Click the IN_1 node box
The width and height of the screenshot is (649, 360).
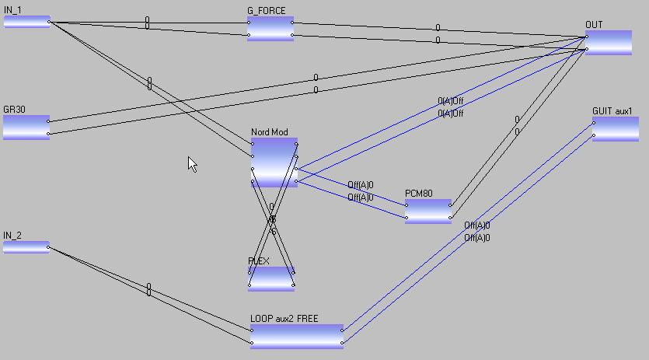pyautogui.click(x=26, y=22)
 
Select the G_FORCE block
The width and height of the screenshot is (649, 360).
pyautogui.click(x=270, y=29)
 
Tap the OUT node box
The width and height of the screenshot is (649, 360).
pyautogui.click(x=609, y=43)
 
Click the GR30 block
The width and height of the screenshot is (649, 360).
pyautogui.click(x=26, y=128)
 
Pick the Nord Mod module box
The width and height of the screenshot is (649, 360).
pyautogui.click(x=274, y=163)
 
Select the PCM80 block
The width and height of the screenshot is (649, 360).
pyautogui.click(x=427, y=211)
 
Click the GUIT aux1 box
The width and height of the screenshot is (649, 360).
pyautogui.click(x=616, y=129)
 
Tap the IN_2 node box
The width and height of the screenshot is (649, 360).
pyautogui.click(x=26, y=247)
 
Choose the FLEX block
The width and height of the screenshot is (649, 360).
pyautogui.click(x=271, y=278)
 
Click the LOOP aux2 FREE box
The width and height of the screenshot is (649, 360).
pyautogui.click(x=296, y=337)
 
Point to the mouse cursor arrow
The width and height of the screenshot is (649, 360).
pyautogui.click(x=191, y=163)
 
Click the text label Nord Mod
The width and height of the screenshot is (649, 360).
pyautogui.click(x=269, y=132)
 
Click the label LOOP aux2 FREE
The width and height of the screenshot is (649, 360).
pyautogui.click(x=284, y=319)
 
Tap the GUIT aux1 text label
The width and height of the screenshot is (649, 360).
pyautogui.click(x=612, y=111)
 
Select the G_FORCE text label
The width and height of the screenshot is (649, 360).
pyautogui.click(x=266, y=11)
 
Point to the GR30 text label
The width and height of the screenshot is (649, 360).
pyautogui.click(x=14, y=110)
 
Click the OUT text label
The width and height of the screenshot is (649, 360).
pyautogui.click(x=593, y=25)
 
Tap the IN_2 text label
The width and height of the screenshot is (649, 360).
pyautogui.click(x=12, y=235)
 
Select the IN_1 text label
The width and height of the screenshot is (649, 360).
pyautogui.click(x=12, y=9)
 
